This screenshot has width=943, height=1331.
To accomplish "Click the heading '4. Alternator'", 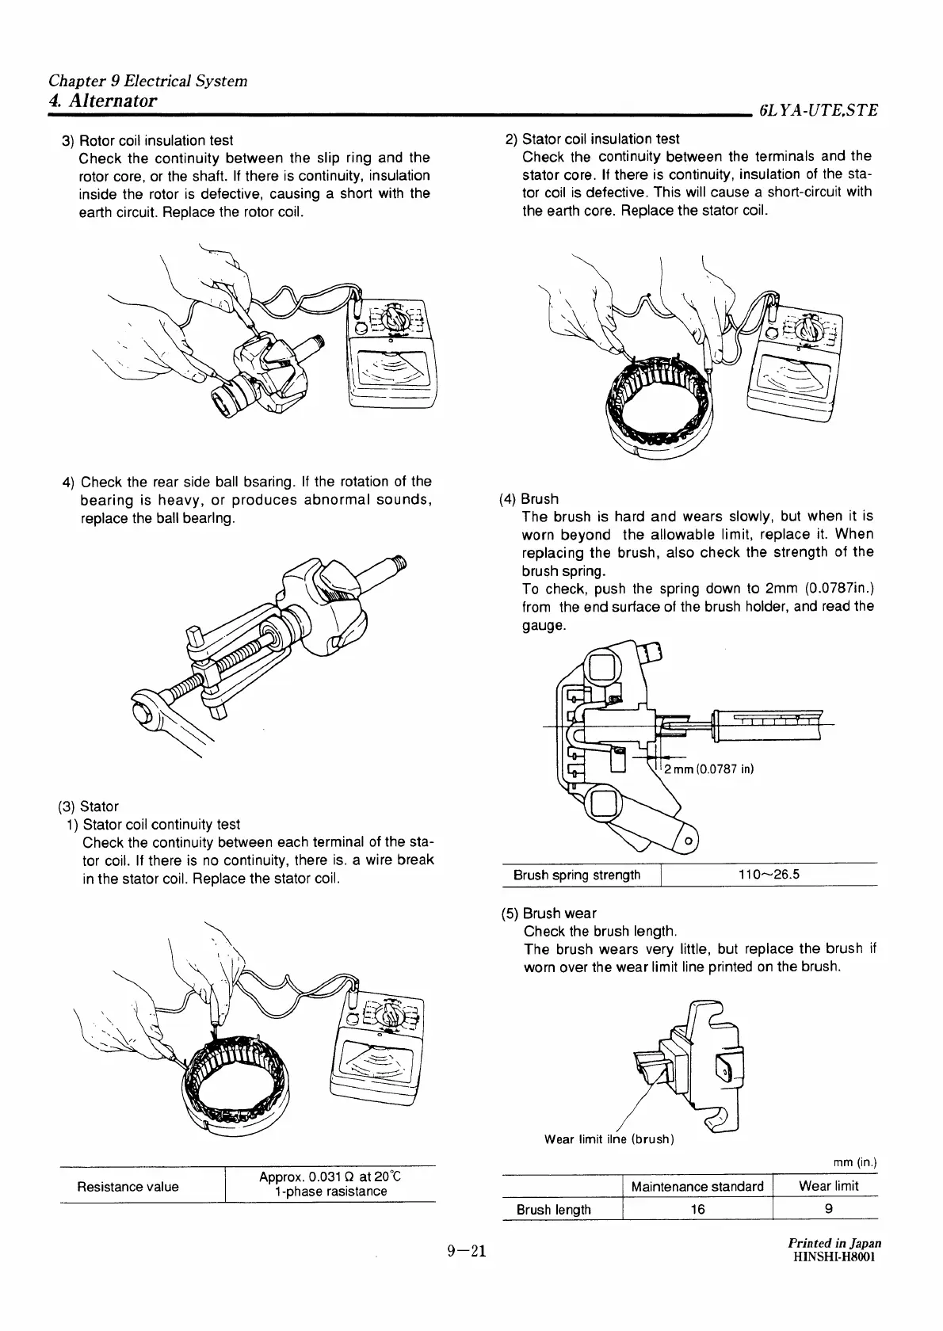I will point(103,101).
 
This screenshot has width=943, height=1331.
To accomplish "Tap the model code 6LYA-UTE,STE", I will point(818,111).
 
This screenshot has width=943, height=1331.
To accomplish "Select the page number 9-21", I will point(465,1251).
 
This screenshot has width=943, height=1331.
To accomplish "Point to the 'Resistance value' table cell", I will point(128,1186).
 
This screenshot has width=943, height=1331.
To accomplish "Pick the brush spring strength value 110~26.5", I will point(768,875).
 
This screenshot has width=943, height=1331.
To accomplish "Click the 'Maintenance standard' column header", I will point(697,1186).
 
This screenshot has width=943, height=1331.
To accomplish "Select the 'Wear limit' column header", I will point(828,1186).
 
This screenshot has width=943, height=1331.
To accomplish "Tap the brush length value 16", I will point(697,1209).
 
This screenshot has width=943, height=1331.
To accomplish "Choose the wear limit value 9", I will point(828,1209).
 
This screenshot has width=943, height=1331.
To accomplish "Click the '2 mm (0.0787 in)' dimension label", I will point(708,769).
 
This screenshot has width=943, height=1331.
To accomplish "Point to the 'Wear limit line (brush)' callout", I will point(609,1139).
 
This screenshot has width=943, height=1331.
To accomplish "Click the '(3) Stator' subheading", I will point(88,807).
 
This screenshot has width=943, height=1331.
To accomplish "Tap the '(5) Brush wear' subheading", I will point(549,913).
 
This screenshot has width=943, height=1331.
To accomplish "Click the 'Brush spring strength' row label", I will point(577,875).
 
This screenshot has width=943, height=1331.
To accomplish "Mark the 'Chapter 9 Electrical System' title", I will point(147,81).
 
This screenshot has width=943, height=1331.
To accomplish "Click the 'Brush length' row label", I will point(553,1209).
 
